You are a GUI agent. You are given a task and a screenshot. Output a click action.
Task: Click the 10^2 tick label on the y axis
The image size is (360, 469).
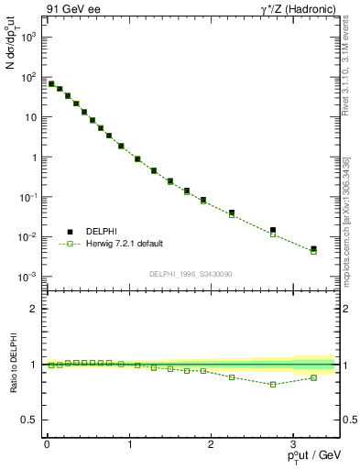point(30,78)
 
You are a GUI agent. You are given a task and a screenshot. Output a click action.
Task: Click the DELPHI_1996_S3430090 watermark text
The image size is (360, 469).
point(190,274)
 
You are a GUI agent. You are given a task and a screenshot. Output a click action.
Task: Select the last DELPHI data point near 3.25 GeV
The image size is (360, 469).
point(313,248)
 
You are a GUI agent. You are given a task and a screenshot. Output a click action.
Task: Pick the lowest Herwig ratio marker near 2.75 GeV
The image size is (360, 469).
point(272,384)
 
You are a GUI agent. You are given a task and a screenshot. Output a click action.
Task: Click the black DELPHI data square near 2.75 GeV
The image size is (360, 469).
point(272,230)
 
